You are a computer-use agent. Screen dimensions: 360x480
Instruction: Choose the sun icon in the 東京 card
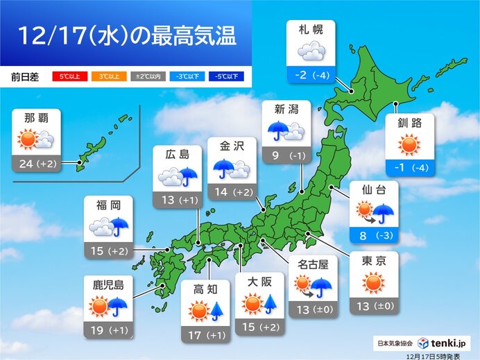click(x=373, y=282)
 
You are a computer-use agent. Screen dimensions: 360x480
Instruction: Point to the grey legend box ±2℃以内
click(x=146, y=76)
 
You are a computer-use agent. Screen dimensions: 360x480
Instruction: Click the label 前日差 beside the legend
click(x=25, y=76)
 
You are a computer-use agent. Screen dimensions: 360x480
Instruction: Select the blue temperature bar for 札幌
click(x=311, y=74)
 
